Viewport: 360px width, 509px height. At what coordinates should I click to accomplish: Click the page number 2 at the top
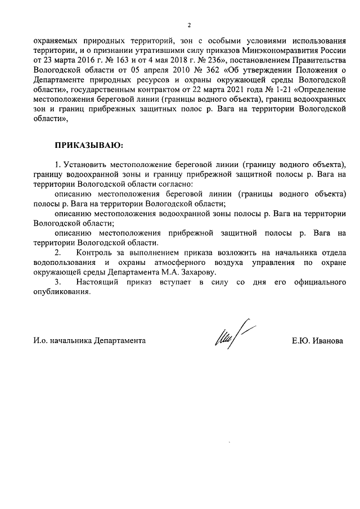coord(188,25)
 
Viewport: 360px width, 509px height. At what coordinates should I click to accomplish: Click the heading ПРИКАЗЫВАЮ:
coord(88,146)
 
